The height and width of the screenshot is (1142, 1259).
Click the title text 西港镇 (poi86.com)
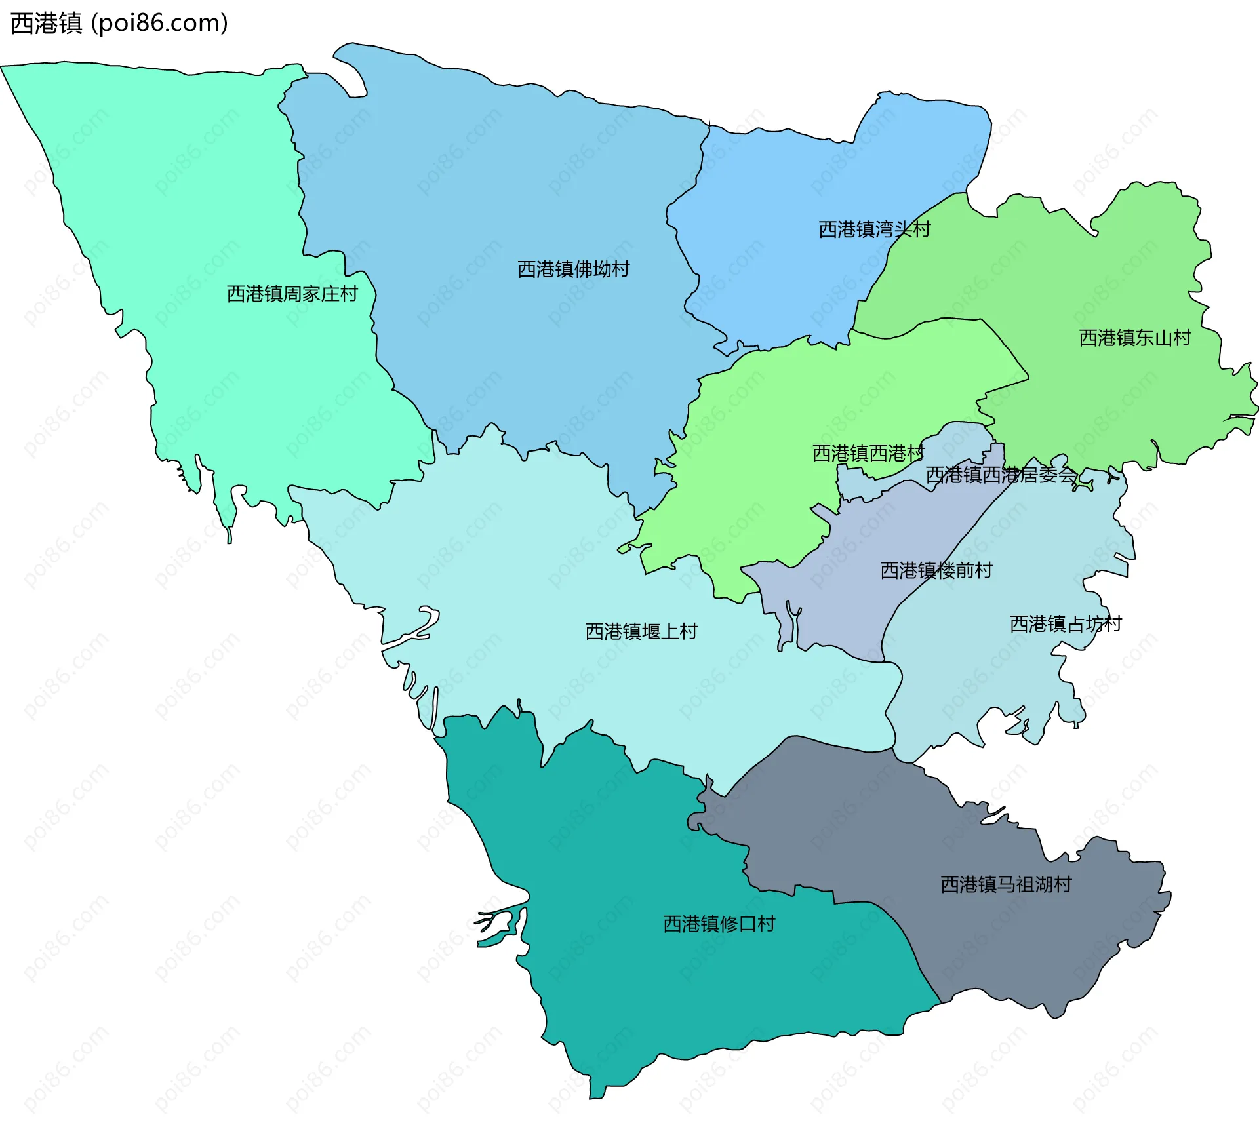(119, 24)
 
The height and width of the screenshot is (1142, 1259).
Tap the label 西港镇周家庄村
(292, 294)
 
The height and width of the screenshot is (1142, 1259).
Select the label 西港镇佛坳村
(573, 269)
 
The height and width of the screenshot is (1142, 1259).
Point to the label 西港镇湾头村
(874, 229)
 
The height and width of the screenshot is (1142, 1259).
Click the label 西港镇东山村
(1134, 338)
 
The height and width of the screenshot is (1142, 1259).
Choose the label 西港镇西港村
(868, 453)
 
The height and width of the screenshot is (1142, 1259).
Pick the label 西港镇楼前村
(936, 570)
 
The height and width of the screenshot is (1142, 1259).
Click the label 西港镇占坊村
(1065, 623)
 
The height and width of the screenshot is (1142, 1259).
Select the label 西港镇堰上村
(641, 631)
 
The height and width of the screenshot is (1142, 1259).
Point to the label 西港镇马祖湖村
(1006, 884)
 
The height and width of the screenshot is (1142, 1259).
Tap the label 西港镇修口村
(719, 924)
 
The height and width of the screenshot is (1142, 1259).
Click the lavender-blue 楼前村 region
(852, 590)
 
